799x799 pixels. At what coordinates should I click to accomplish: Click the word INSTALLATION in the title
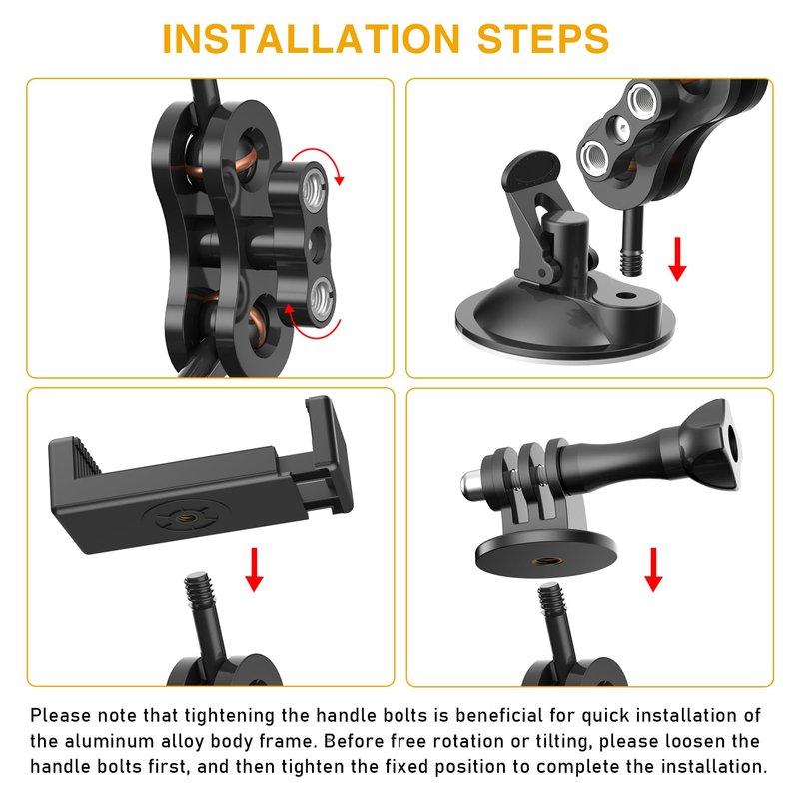[x=311, y=39]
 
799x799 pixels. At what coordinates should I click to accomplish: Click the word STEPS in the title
[x=543, y=39]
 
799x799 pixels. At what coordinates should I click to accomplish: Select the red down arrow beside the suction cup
[x=677, y=259]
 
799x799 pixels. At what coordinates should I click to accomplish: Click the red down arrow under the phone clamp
[x=254, y=569]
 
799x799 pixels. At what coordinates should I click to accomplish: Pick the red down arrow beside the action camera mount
[x=653, y=569]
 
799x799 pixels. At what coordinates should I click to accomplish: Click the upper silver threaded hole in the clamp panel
[x=314, y=189]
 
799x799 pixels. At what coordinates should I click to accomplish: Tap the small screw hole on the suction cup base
[x=622, y=295]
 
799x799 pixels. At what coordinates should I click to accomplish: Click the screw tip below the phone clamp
[x=198, y=588]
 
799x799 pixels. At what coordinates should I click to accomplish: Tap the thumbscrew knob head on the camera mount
[x=712, y=445]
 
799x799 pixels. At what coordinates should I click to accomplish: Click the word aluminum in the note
[x=109, y=741]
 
